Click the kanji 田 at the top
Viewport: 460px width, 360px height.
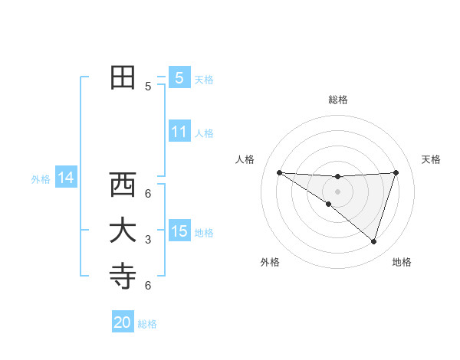[123, 77]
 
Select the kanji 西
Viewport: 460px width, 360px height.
[123, 185]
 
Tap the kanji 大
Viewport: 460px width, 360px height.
[123, 231]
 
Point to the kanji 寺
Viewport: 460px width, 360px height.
[123, 277]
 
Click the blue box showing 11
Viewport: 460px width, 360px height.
[179, 132]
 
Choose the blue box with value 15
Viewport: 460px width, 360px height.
[179, 231]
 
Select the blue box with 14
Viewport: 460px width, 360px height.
[66, 178]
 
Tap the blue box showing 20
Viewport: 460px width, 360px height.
[123, 322]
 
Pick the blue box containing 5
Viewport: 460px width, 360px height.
[179, 78]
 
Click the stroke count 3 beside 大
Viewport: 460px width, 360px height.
[148, 240]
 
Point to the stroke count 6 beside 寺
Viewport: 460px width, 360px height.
[148, 286]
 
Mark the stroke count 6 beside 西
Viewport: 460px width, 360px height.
[148, 193]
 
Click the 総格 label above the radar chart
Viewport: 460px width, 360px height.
[337, 100]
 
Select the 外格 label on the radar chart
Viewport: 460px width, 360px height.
[269, 262]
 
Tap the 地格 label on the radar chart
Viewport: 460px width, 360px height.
[402, 262]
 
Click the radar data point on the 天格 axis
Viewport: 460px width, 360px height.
[396, 172]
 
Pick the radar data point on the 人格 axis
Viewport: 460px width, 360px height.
[279, 172]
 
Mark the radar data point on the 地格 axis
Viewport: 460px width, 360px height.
[373, 241]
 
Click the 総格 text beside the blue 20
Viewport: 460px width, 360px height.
[147, 324]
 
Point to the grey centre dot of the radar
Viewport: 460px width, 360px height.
[337, 191]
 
